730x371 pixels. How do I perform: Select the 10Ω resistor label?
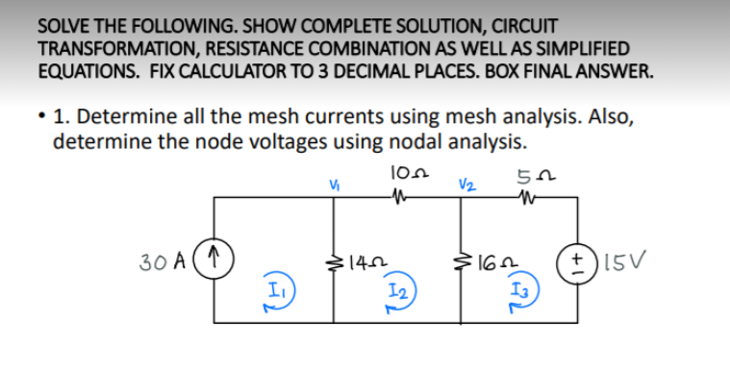402,174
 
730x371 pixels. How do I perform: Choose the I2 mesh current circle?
397,292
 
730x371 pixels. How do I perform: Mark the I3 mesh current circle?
520,292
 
